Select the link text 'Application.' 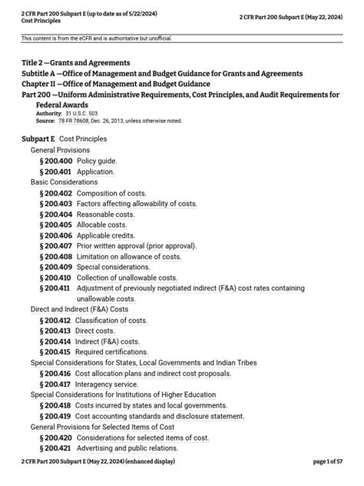click(96, 171)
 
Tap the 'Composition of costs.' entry click(114, 193)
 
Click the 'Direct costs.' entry click(98, 331)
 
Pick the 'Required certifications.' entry click(116, 351)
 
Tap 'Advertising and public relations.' click(132, 448)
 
